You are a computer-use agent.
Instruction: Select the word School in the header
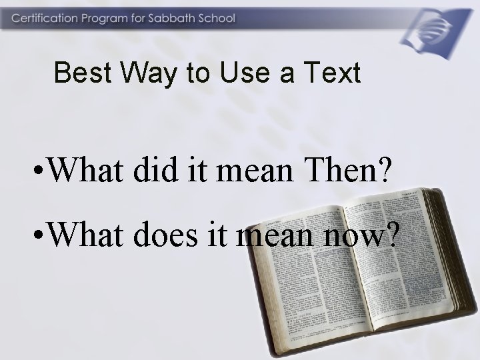[216, 18]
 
